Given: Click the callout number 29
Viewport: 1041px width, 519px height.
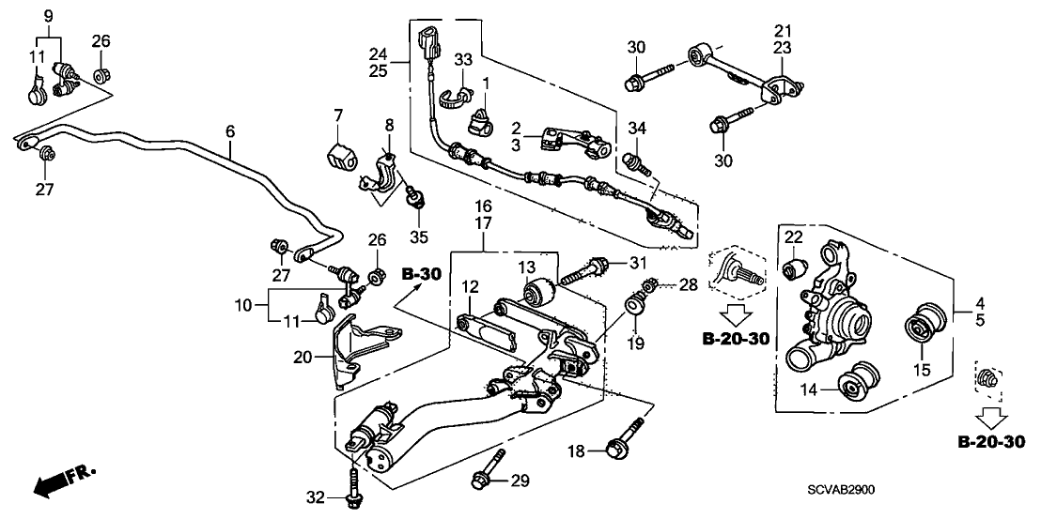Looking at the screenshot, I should pos(520,481).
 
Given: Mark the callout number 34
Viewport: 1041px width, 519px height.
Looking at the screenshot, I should pos(638,128).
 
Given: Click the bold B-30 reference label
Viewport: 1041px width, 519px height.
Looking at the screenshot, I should pos(420,274).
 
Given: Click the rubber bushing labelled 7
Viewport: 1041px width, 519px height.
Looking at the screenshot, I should pos(339,156).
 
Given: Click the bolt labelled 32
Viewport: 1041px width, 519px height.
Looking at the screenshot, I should pos(352,489).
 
